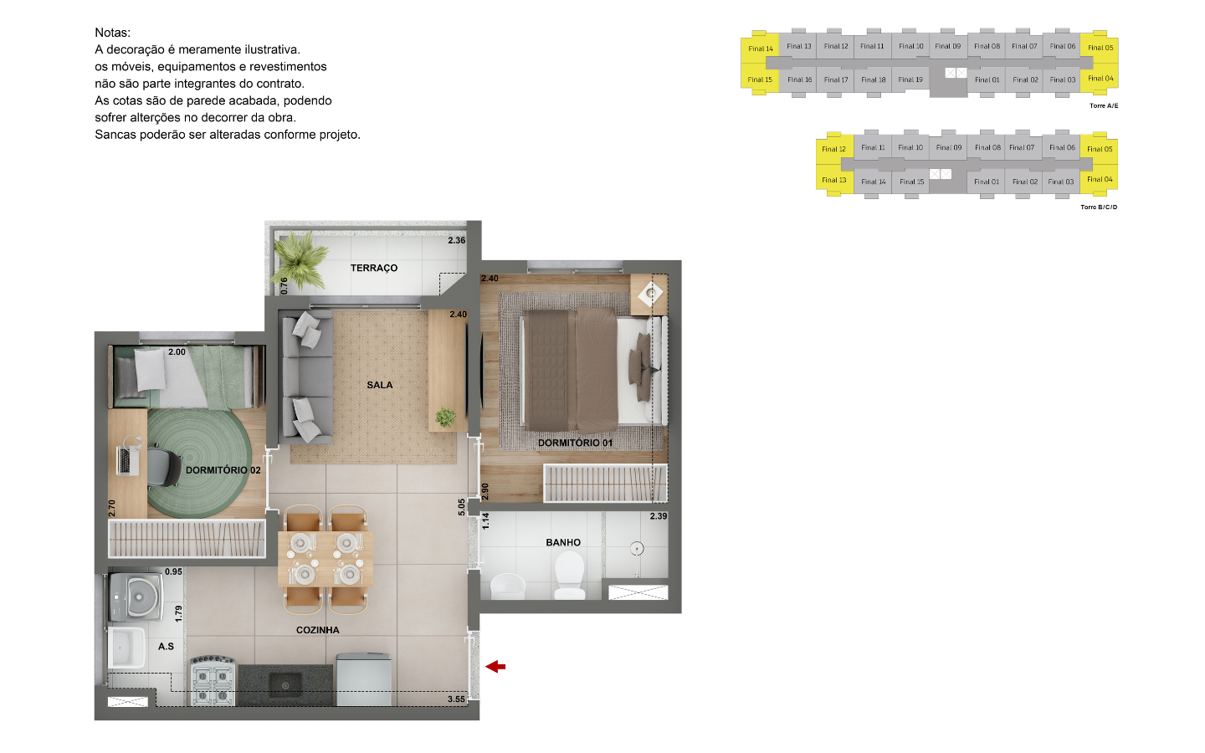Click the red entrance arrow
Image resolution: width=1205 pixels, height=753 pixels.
(x=495, y=667)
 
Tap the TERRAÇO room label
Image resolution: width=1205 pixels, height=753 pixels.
(x=374, y=268)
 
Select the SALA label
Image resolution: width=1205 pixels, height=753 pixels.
(x=380, y=385)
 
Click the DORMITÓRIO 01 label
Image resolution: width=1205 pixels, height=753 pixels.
(x=575, y=443)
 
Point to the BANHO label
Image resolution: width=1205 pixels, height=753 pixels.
(x=563, y=542)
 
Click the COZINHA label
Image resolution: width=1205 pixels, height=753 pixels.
(x=317, y=630)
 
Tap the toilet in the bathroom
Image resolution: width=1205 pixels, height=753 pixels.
(x=570, y=576)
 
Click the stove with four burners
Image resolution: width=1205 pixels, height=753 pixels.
(x=213, y=680)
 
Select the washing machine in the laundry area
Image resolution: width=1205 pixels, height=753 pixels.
(x=136, y=597)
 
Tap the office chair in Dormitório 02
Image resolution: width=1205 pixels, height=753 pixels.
(x=164, y=466)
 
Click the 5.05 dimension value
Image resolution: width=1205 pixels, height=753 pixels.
(x=462, y=507)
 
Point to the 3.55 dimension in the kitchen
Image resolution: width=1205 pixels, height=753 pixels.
(x=456, y=699)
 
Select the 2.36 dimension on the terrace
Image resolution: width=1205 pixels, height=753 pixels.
(x=457, y=240)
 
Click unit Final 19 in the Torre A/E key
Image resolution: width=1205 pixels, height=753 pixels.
(x=910, y=79)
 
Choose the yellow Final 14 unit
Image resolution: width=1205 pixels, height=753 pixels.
(x=760, y=49)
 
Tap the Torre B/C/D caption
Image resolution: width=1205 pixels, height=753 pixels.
(x=1099, y=207)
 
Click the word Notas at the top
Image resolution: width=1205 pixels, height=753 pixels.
(x=112, y=33)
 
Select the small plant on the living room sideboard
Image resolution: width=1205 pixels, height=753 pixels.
(x=445, y=417)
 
